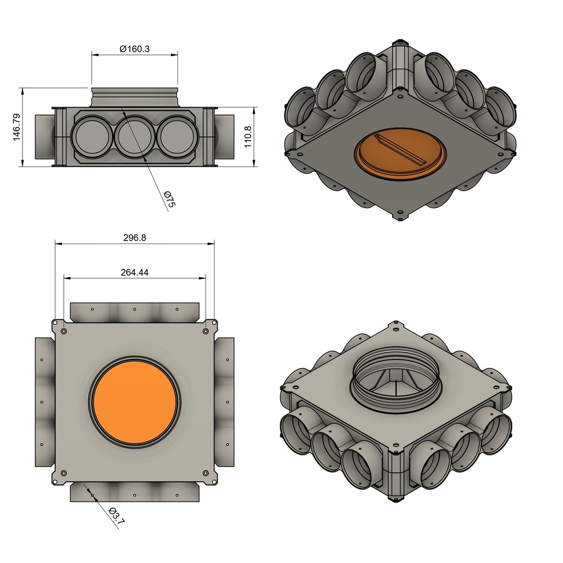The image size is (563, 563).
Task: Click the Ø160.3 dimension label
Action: (x=135, y=49)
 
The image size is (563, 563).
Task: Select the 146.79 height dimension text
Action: (x=16, y=127)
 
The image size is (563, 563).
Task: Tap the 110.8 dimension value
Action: (x=248, y=136)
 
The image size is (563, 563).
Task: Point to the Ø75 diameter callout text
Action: (x=169, y=199)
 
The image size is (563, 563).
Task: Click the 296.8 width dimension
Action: (x=135, y=238)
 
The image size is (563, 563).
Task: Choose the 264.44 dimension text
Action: (x=135, y=273)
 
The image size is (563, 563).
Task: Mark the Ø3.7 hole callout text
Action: (x=117, y=516)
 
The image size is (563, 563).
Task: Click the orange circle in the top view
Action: (x=135, y=402)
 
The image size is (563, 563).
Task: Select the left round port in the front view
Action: (x=92, y=136)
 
